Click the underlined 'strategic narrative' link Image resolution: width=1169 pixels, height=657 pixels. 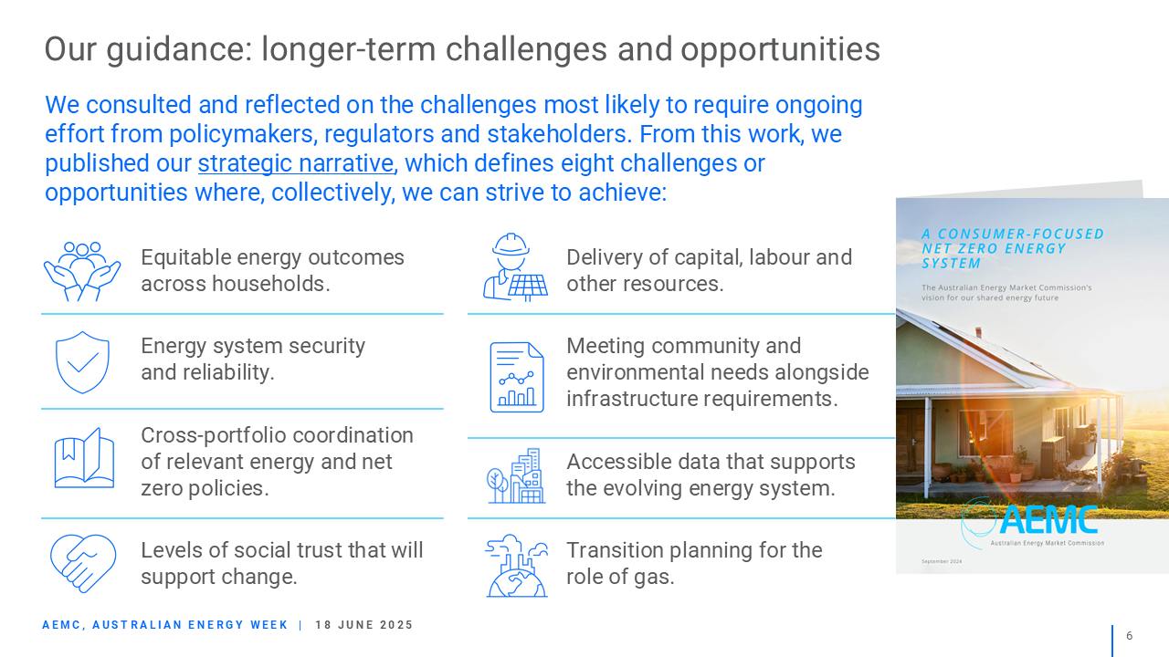coord(296,163)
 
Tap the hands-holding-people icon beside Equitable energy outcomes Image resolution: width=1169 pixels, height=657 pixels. coord(82,271)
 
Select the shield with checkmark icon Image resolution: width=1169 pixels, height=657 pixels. coord(82,362)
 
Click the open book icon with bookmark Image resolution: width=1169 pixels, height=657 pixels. coord(84,458)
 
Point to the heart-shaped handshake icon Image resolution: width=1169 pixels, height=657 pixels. coord(83,563)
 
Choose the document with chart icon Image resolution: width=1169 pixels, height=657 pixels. coord(517,377)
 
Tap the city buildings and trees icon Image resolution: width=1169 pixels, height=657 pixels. coord(516,475)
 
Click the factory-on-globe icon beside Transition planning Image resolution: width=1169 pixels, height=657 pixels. coord(517,565)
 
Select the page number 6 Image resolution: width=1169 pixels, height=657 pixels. coord(1130,636)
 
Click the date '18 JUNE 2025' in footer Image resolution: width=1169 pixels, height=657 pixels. coord(363,625)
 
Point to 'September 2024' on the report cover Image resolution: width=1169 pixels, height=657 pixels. coord(942,561)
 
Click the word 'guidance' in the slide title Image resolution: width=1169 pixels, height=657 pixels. coord(179,50)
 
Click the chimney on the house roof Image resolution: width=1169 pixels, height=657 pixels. coord(978,333)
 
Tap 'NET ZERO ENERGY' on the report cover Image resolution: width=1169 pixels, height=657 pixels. coord(994,249)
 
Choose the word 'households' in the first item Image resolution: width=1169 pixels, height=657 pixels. coord(271,284)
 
